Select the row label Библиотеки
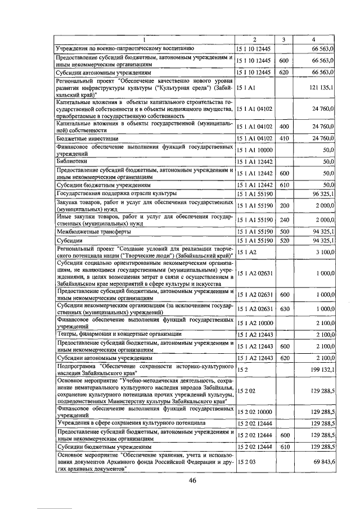pos(70,161)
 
